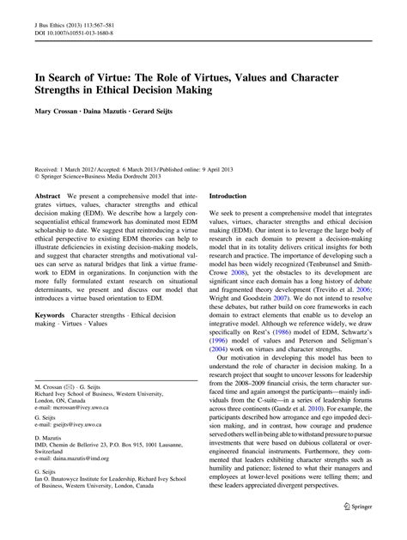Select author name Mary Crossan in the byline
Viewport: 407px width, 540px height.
click(58, 109)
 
